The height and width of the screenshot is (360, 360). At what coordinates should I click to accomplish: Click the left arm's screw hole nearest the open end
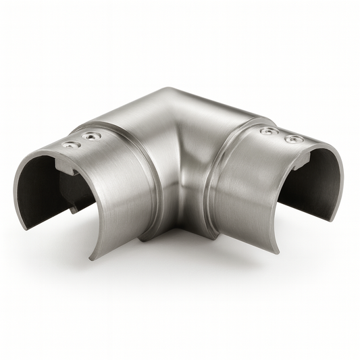pyautogui.click(x=69, y=144)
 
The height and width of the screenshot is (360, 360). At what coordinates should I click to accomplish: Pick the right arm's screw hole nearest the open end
pyautogui.click(x=293, y=139)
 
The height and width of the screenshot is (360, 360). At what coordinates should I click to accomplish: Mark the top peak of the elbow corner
pyautogui.click(x=170, y=90)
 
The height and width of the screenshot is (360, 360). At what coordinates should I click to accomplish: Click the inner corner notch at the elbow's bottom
pyautogui.click(x=177, y=230)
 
